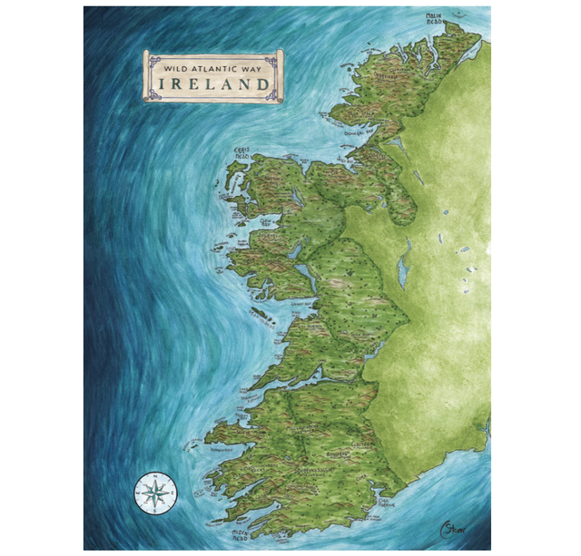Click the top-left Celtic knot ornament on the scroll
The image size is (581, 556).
pyautogui.click(x=153, y=59)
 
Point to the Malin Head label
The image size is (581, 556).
pyautogui.click(x=441, y=20)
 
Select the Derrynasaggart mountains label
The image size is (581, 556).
pyautogui.click(x=304, y=472)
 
